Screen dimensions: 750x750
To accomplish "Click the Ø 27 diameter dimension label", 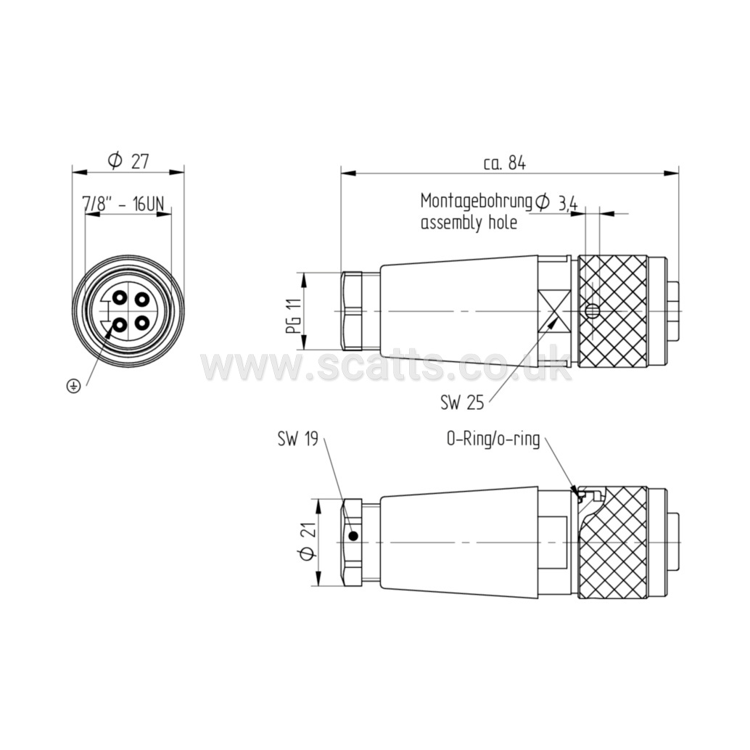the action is coord(128,161).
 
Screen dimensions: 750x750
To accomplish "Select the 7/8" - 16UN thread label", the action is coord(123,205).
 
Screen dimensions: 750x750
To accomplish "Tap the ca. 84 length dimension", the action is coord(504,164).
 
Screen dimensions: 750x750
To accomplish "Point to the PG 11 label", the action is coord(297,316).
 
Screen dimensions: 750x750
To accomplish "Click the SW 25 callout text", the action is coord(462,403).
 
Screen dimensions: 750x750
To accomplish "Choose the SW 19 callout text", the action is coord(297,439).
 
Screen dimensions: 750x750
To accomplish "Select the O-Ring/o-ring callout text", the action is coord(493,439).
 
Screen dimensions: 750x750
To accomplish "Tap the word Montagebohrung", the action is coord(477,202).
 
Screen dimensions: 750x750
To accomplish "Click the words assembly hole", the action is coord(469,223).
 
